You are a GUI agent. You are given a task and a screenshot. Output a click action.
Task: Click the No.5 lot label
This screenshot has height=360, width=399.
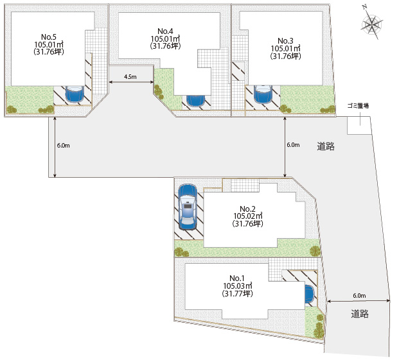click(x=49, y=37)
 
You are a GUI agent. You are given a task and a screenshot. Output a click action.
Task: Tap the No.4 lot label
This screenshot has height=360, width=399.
click(x=165, y=31)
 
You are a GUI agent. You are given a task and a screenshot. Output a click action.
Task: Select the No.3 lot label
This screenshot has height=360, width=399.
click(x=285, y=40)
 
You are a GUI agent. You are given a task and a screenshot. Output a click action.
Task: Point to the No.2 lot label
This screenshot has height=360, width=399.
click(x=247, y=209)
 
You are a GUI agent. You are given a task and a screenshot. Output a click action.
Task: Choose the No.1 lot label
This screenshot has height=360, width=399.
click(x=237, y=278)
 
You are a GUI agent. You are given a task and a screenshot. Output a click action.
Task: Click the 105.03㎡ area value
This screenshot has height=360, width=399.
click(x=238, y=286)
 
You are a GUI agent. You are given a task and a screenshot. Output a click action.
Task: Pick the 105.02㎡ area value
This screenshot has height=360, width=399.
click(x=248, y=216)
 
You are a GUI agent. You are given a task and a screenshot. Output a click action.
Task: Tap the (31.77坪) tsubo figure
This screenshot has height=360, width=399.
click(x=238, y=294)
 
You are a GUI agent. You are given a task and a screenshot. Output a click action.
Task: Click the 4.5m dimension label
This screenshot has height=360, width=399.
click(x=130, y=77)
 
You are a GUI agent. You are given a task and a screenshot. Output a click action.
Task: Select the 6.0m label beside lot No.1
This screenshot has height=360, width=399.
click(x=359, y=296)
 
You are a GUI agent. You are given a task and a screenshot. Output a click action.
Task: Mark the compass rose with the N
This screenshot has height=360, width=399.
click(x=371, y=24)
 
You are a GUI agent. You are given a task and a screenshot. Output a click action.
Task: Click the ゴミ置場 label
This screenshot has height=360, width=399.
click(x=359, y=106)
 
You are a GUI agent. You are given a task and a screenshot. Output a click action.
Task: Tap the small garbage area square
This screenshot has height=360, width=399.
click(x=359, y=125)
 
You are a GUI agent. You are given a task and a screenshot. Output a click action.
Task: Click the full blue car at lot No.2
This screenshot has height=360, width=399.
click(x=188, y=207)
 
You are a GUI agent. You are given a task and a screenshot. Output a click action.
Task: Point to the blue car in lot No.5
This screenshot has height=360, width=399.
click(x=75, y=94)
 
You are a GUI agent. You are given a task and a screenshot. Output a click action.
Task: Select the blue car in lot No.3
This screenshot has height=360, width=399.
click(x=263, y=94)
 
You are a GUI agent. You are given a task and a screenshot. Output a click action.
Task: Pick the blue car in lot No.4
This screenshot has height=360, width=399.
click(x=195, y=101)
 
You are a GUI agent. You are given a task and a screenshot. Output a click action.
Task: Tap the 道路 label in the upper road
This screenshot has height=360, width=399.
click(x=326, y=146)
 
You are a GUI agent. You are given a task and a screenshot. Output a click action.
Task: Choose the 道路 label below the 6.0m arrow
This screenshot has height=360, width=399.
click(x=360, y=314)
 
